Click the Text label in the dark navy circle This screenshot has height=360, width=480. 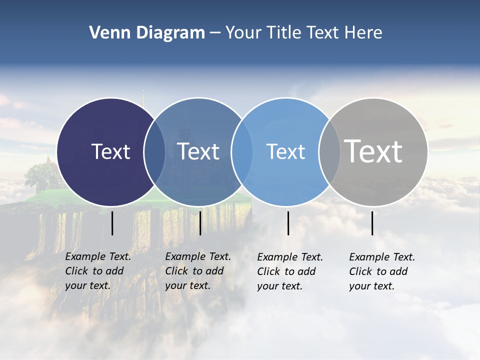[x=110, y=151]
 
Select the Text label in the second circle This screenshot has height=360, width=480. [x=198, y=151]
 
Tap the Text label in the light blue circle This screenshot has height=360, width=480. [x=285, y=151]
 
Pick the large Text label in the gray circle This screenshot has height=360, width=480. [x=373, y=150]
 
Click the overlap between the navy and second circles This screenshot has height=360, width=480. [x=154, y=151]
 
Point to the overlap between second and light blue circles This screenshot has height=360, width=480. [x=242, y=151]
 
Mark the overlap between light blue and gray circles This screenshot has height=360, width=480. [x=329, y=151]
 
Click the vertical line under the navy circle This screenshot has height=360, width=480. [x=112, y=223]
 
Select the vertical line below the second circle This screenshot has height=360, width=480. [x=200, y=223]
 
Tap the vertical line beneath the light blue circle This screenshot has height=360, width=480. [x=288, y=223]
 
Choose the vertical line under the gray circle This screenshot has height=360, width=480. [x=372, y=223]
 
